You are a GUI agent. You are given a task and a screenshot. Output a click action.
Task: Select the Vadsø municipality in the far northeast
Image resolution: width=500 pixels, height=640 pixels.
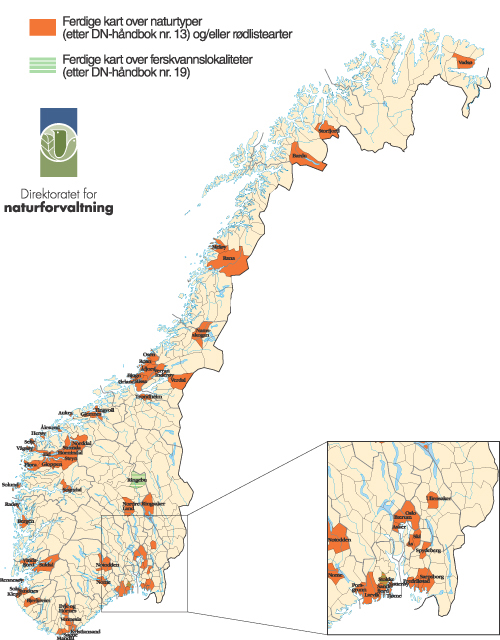[x=465, y=62]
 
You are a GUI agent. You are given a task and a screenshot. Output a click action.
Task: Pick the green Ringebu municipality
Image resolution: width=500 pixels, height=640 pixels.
[x=137, y=481]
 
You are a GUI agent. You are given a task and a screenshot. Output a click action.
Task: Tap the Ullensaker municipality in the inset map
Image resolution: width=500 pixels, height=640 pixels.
[x=438, y=497]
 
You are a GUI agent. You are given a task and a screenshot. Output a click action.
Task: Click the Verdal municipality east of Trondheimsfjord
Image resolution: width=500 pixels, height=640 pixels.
[x=178, y=381]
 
